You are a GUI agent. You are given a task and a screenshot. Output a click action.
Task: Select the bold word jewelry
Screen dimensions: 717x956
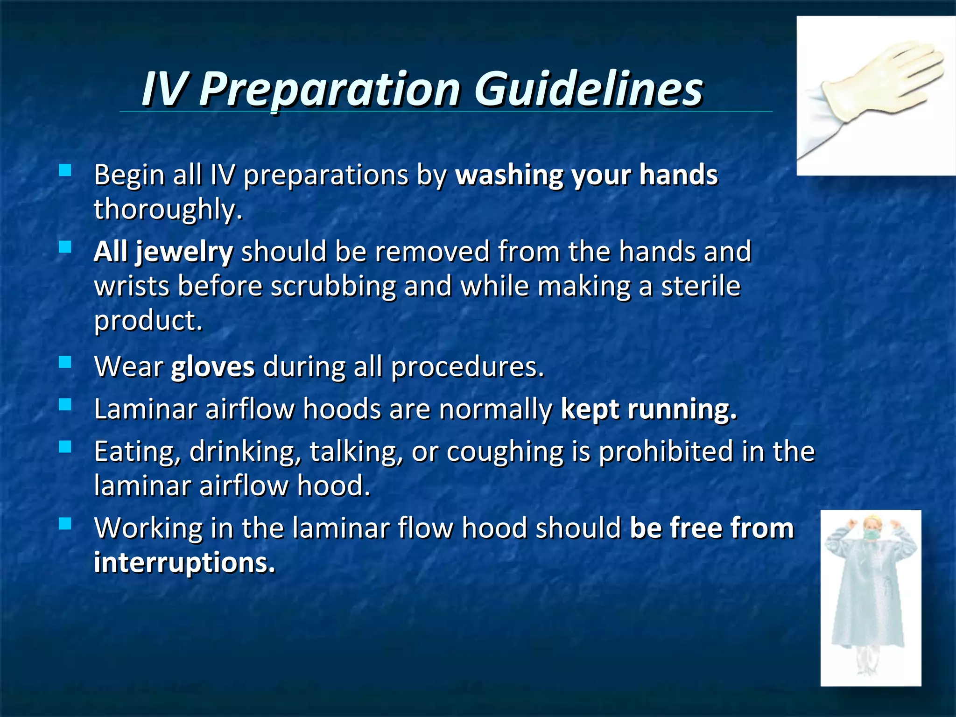(184, 253)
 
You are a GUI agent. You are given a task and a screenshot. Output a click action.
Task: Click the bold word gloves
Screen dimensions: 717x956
(213, 367)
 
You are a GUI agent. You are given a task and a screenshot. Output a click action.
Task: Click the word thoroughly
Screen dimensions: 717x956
(168, 210)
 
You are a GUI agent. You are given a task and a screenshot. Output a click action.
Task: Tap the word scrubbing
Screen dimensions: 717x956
(333, 286)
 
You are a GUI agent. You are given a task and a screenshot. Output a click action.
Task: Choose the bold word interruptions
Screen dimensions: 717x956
(184, 562)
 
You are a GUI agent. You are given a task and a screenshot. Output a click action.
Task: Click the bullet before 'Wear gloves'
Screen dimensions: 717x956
(65, 362)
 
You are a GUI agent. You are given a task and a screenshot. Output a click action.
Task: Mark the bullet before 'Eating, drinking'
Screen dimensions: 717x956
(65, 447)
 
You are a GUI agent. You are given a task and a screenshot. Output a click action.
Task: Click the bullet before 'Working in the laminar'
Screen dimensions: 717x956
(65, 524)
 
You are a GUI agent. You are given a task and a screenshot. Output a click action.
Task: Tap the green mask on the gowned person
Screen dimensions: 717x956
(870, 533)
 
